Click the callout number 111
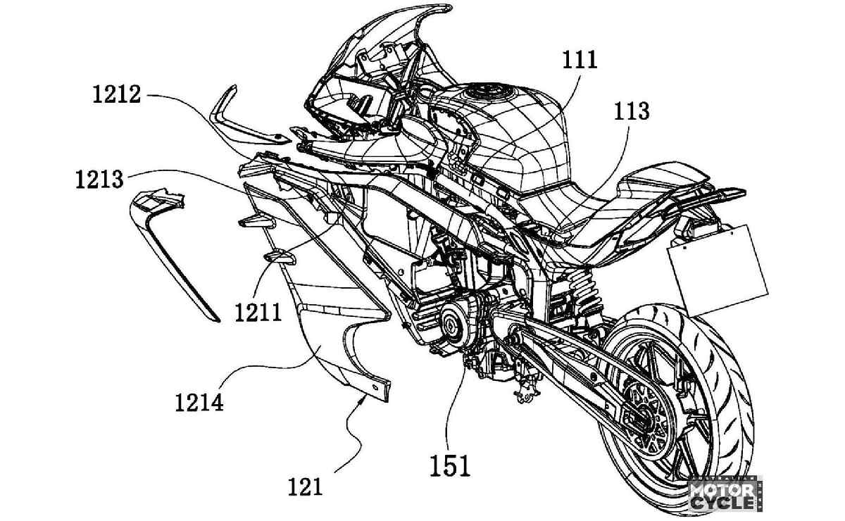pos(580,61)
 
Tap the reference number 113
pos(632,112)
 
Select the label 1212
pos(117,94)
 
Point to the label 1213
pos(99,180)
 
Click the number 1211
pos(258,313)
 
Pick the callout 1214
pos(199,403)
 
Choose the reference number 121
pos(306,487)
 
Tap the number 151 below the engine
pos(451,465)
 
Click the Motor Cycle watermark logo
pos(725,495)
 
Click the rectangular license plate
pos(718,270)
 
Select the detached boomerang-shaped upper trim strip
pos(242,119)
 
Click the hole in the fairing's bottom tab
pos(376,387)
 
